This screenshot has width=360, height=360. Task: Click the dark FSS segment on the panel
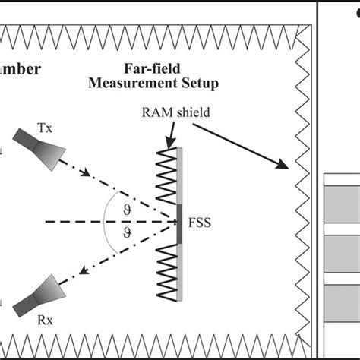click(x=180, y=223)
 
